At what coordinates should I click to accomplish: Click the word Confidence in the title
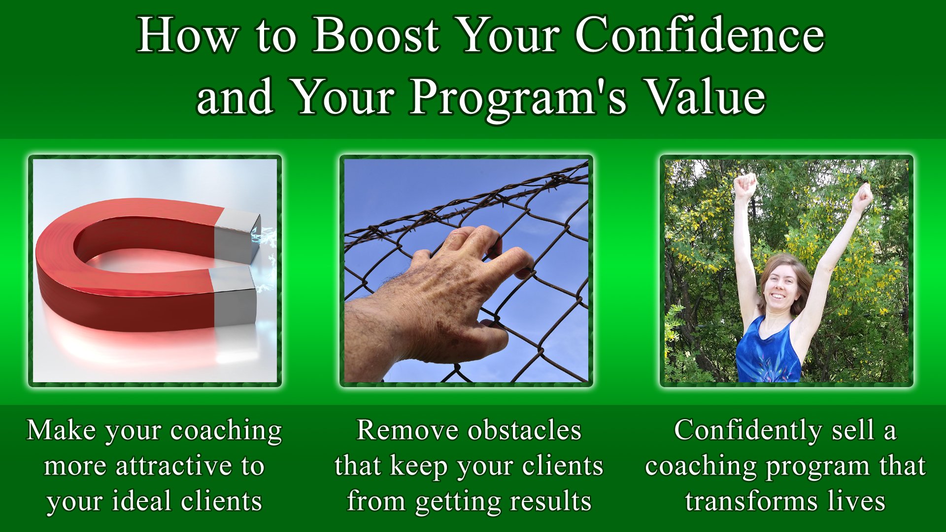tap(700, 34)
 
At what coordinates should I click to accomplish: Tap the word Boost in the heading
tap(376, 34)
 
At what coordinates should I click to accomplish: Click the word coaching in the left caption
tap(226, 431)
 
